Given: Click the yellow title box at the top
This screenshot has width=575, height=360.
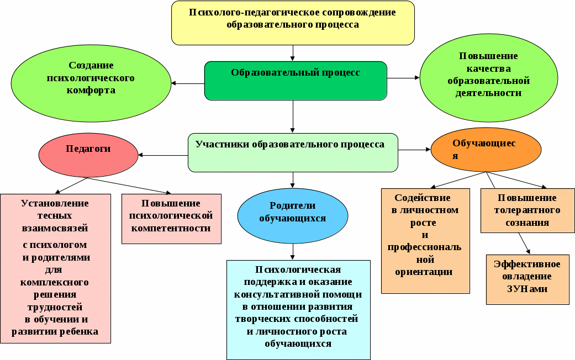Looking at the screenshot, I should click(x=293, y=23).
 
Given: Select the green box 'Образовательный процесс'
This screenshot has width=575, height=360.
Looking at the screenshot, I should click(x=296, y=81).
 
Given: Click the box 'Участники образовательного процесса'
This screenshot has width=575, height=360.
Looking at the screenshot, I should click(x=293, y=152).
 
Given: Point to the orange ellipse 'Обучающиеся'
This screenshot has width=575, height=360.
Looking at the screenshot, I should click(x=484, y=150).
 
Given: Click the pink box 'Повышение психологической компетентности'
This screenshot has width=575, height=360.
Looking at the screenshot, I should click(x=171, y=219).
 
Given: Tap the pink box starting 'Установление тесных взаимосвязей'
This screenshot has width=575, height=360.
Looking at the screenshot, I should click(x=55, y=268).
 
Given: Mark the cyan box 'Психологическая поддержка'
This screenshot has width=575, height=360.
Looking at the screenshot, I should click(x=298, y=310).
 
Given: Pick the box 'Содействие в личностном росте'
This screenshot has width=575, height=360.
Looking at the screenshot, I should click(x=425, y=241).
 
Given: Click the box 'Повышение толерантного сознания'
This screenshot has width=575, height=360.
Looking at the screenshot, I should click(x=527, y=210).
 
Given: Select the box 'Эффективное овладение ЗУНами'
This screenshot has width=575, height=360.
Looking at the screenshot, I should click(x=527, y=279).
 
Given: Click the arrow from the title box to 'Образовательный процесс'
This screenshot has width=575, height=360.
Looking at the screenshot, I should click(x=293, y=53).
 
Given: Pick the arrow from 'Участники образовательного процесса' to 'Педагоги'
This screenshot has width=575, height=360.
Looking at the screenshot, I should click(x=163, y=155).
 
